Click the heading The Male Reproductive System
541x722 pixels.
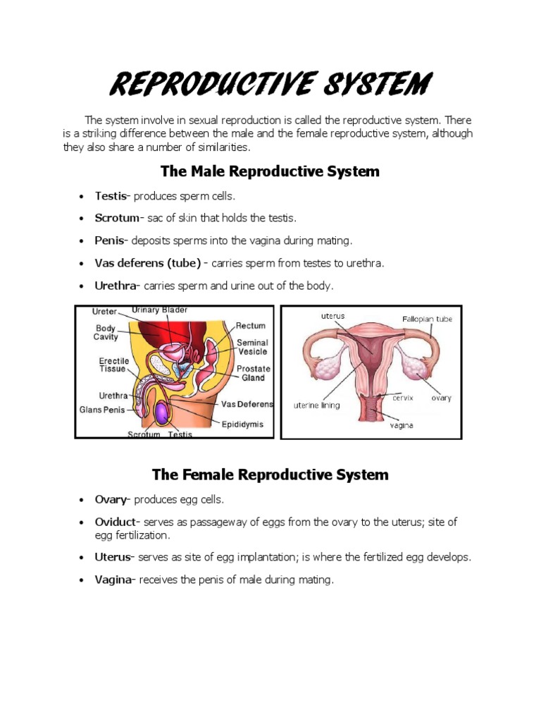[x=270, y=171]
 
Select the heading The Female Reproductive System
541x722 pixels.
[x=270, y=474]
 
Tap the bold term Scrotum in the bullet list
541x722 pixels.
[x=118, y=218]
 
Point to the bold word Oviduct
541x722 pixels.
[x=118, y=522]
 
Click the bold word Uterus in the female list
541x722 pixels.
[x=113, y=557]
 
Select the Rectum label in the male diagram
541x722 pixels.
[x=250, y=326]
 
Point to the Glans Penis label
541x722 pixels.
[x=104, y=409]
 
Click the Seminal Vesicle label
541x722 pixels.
[x=252, y=347]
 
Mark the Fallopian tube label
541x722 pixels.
[x=427, y=319]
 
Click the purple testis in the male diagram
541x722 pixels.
[x=162, y=412]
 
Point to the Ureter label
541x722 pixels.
[x=105, y=312]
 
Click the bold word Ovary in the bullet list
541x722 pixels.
[x=111, y=499]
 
